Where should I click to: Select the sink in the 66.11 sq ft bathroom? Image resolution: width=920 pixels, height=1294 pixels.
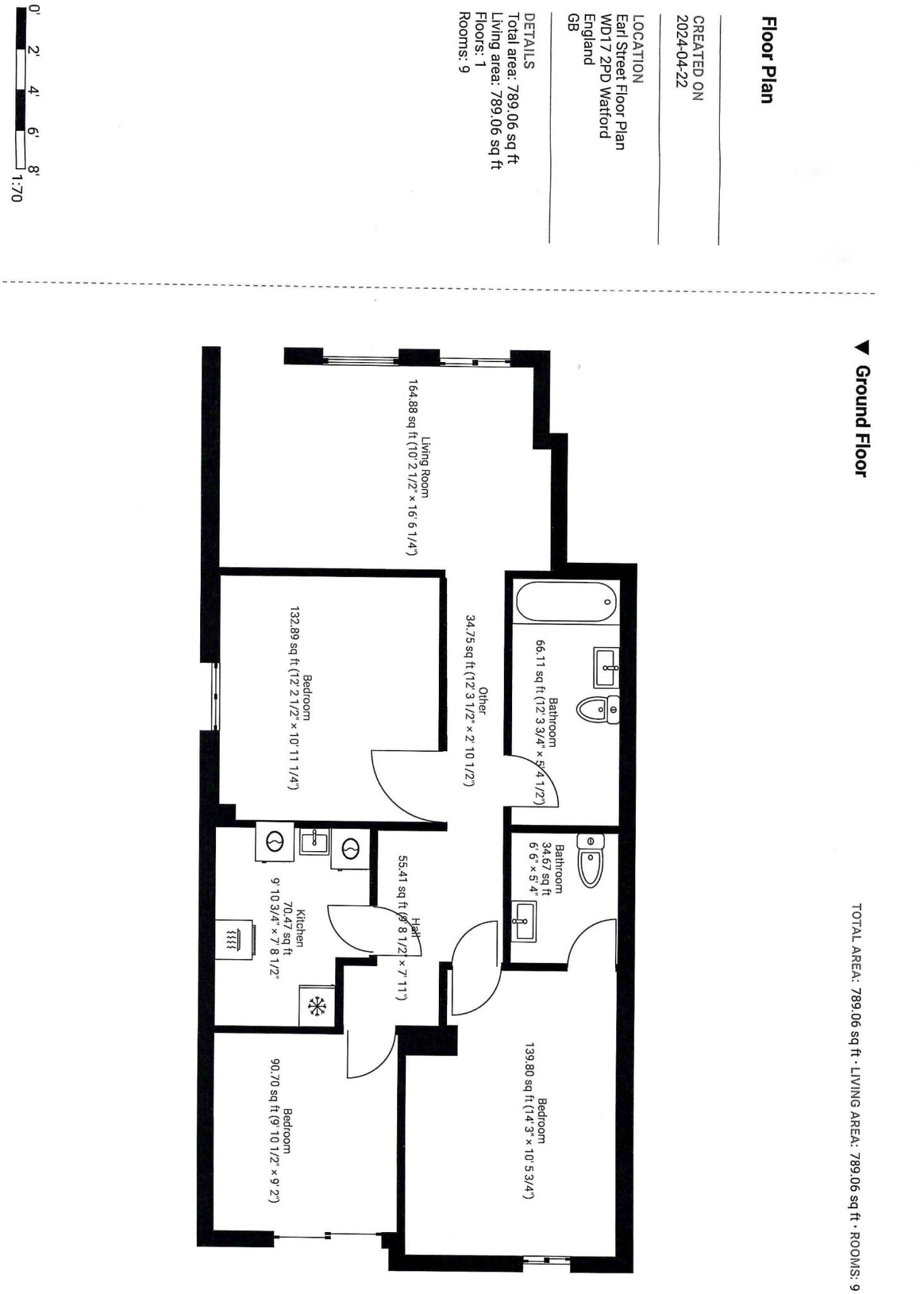click(606, 667)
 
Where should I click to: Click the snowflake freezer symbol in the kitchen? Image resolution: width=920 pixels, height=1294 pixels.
click(316, 1006)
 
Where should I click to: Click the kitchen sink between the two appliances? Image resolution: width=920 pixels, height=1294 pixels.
click(313, 842)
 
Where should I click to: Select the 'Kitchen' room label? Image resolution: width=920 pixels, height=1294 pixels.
click(301, 928)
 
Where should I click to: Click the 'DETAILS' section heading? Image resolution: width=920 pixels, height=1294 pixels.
click(530, 50)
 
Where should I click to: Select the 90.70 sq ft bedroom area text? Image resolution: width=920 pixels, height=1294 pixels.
click(275, 1131)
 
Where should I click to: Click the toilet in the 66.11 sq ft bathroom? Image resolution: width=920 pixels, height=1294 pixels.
click(597, 711)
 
